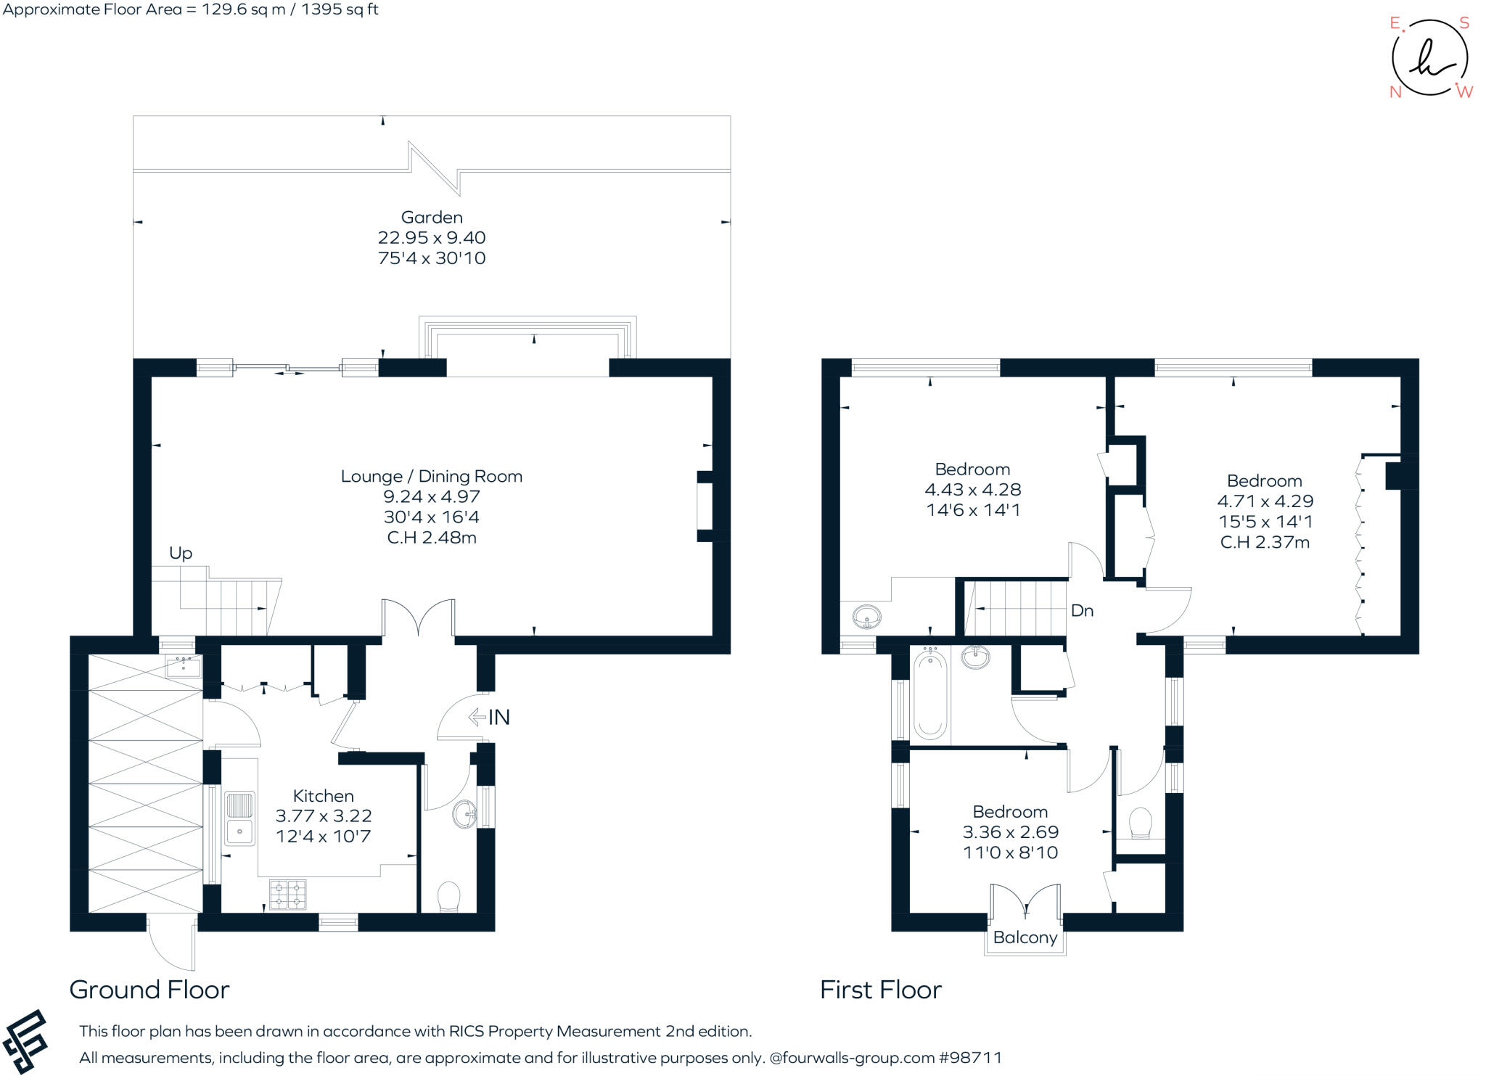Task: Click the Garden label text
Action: pyautogui.click(x=432, y=217)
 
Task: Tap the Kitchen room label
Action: pyautogui.click(x=323, y=796)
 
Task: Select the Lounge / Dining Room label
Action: pyautogui.click(x=432, y=477)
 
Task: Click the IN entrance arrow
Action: pyautogui.click(x=490, y=718)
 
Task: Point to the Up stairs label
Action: pyautogui.click(x=181, y=554)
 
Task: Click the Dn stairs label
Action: pyautogui.click(x=1082, y=611)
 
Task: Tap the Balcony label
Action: pyautogui.click(x=1025, y=937)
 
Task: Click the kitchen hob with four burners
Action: pyautogui.click(x=288, y=894)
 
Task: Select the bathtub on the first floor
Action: pyautogui.click(x=929, y=694)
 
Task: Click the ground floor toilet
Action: pyautogui.click(x=449, y=897)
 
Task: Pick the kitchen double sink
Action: pyautogui.click(x=239, y=818)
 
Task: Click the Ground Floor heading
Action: pyautogui.click(x=149, y=990)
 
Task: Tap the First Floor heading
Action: pyautogui.click(x=880, y=990)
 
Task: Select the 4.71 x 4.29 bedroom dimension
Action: pyautogui.click(x=1265, y=501)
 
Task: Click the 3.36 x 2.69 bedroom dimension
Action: pyautogui.click(x=1010, y=832)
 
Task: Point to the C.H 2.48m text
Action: pyautogui.click(x=432, y=538)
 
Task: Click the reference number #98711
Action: pyautogui.click(x=970, y=1058)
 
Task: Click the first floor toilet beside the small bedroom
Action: pyautogui.click(x=1141, y=824)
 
